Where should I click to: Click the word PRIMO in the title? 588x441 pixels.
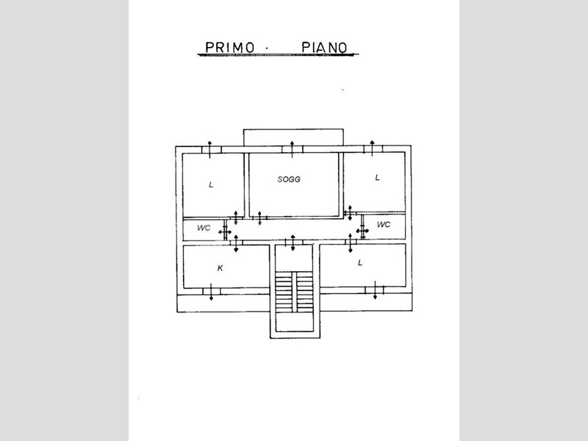click(230, 47)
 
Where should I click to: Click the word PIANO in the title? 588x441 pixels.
click(324, 47)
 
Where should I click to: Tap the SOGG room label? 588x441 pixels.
click(289, 179)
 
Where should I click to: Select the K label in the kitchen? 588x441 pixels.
click(220, 268)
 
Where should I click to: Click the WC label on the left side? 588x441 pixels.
click(204, 228)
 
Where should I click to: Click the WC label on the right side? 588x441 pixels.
click(383, 225)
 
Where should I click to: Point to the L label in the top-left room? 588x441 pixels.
click(211, 184)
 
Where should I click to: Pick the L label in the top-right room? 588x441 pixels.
click(377, 177)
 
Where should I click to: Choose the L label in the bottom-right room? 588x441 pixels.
click(360, 262)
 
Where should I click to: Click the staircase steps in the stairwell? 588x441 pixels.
click(295, 292)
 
